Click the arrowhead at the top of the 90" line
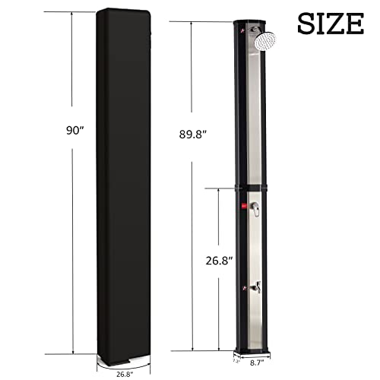pos(74,13)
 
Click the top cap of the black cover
pos(122,13)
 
